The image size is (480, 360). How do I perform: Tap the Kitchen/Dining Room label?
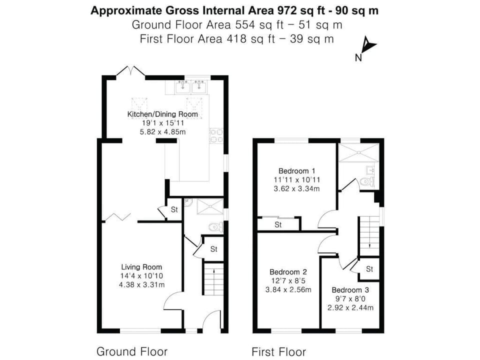pyautogui.click(x=162, y=114)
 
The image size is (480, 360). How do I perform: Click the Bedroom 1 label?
pyautogui.click(x=297, y=171)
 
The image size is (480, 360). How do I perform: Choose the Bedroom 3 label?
pyautogui.click(x=350, y=290)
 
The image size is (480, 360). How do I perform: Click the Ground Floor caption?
pyautogui.click(x=131, y=351)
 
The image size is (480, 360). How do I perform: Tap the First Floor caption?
pyautogui.click(x=278, y=351)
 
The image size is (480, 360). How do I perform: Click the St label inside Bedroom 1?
pyautogui.click(x=278, y=224)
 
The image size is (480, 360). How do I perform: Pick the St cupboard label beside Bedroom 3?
pyautogui.click(x=369, y=269)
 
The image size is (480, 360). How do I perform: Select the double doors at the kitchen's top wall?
pyautogui.click(x=131, y=71)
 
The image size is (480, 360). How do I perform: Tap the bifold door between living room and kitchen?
pyautogui.click(x=118, y=216)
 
